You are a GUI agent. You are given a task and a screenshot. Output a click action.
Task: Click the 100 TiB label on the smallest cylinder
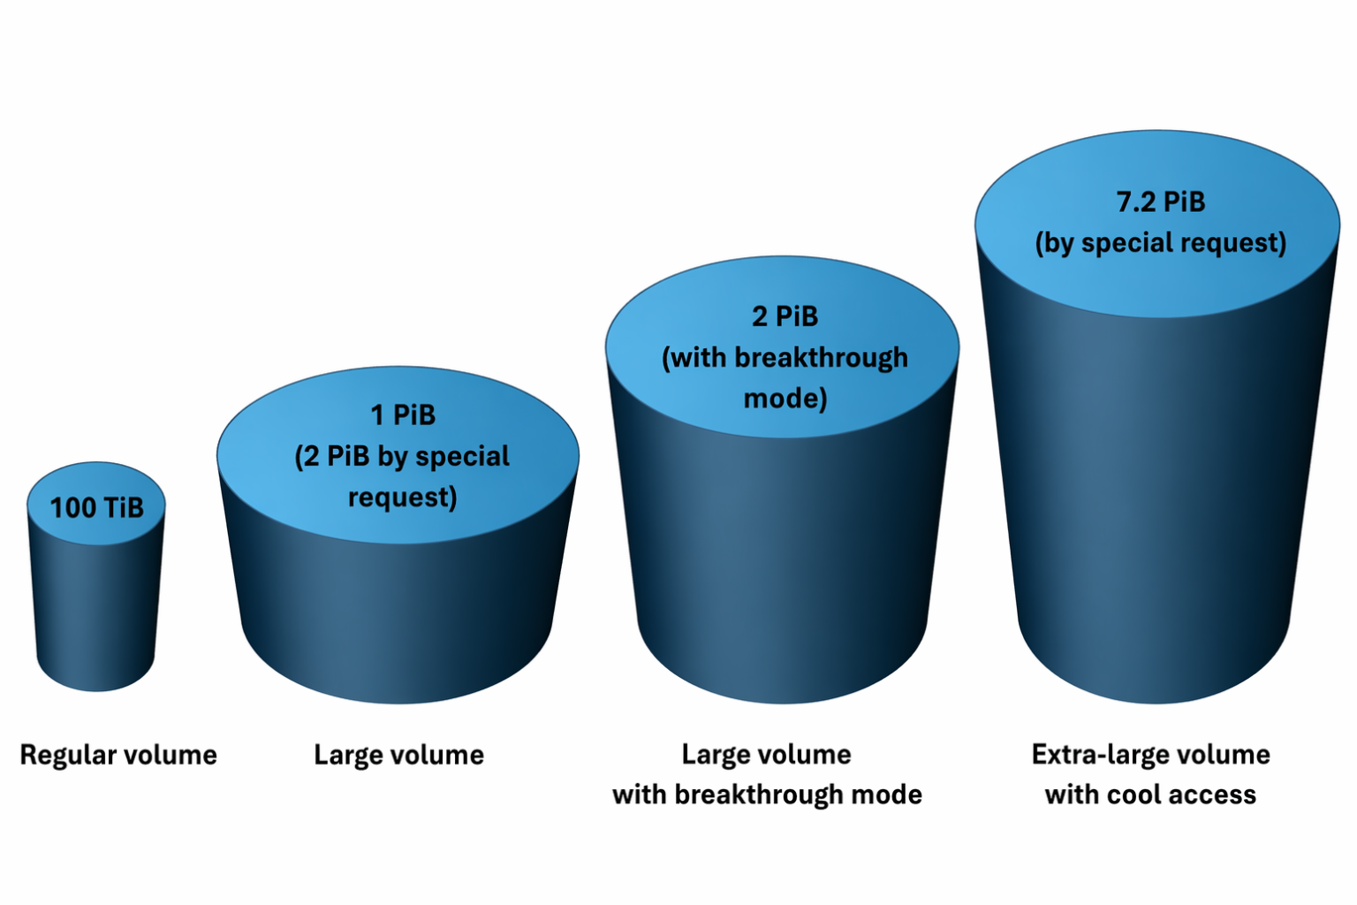tap(97, 507)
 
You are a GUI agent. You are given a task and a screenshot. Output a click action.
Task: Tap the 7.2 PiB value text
tap(1161, 202)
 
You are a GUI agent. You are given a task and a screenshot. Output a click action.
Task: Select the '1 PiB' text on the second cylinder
tap(403, 415)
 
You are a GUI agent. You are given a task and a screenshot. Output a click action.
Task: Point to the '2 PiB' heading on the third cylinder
tap(785, 316)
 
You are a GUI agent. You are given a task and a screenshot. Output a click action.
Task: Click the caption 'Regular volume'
tap(118, 756)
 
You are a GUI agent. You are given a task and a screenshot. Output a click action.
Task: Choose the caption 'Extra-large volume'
tap(1151, 756)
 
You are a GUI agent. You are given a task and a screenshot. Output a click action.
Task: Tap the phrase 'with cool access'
tap(1151, 795)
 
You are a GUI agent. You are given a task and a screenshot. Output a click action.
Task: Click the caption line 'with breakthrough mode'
tap(767, 795)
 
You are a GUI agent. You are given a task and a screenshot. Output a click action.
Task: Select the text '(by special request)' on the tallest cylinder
tap(1161, 243)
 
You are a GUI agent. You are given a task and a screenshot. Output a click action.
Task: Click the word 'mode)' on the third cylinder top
tap(785, 399)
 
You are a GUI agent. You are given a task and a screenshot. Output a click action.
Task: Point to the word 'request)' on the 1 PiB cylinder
tap(403, 498)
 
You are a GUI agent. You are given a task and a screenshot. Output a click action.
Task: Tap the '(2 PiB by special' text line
tap(402, 456)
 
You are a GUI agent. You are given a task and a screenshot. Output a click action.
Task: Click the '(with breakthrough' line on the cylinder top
tap(785, 358)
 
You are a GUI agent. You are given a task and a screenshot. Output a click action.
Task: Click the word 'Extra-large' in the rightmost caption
tap(1103, 756)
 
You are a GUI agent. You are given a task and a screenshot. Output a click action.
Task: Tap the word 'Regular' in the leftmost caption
tap(68, 756)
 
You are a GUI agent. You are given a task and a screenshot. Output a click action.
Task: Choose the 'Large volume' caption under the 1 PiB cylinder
tap(398, 756)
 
